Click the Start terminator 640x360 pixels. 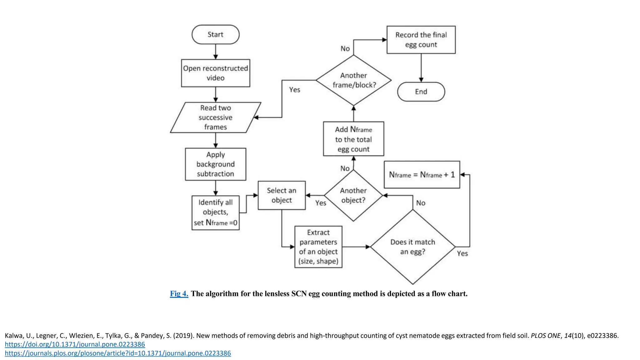tap(216, 34)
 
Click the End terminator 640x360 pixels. tap(421, 92)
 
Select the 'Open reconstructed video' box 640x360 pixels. tap(216, 73)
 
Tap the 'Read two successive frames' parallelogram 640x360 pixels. tap(216, 117)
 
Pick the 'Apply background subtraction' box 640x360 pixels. tap(216, 164)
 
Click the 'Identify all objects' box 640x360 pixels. tap(216, 213)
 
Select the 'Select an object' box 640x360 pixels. tap(282, 195)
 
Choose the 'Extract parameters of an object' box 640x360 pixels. tap(318, 247)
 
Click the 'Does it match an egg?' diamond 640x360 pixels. tap(413, 247)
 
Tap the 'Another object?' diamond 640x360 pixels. tap(353, 195)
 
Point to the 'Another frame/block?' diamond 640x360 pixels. tap(353, 80)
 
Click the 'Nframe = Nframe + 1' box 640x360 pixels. tap(422, 175)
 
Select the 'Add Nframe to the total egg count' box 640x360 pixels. tap(353, 139)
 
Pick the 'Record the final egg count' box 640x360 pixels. tap(421, 40)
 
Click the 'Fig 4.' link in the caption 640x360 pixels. tap(179, 294)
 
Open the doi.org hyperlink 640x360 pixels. tap(75, 344)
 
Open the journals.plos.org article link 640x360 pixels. tap(118, 353)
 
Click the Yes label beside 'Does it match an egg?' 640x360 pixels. tap(462, 253)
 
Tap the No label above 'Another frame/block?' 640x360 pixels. tap(345, 48)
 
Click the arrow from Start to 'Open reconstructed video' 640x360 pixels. tap(216, 52)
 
